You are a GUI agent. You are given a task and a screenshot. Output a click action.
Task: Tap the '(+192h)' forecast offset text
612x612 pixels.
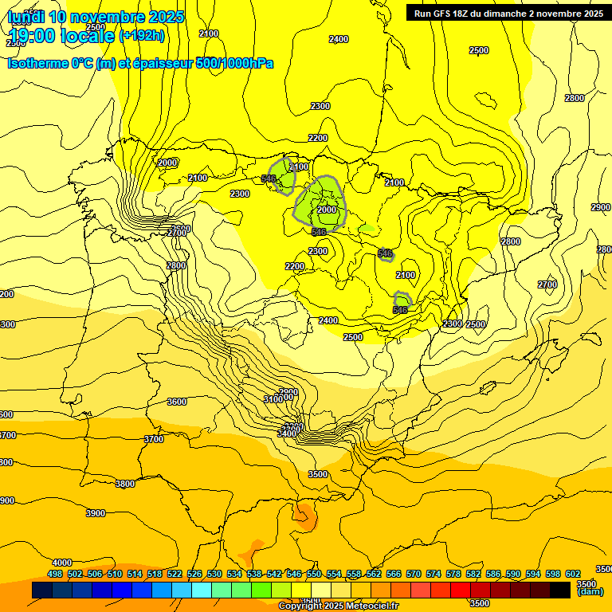click(142, 35)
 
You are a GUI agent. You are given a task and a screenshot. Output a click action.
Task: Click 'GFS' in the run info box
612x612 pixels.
click(448, 13)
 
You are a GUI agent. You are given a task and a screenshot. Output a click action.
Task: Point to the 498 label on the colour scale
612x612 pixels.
click(55, 574)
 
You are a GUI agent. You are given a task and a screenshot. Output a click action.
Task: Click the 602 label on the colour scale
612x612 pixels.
click(573, 574)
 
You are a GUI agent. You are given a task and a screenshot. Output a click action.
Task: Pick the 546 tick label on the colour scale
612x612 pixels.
click(294, 574)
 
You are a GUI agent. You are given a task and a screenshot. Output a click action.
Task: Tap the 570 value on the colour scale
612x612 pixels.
click(414, 574)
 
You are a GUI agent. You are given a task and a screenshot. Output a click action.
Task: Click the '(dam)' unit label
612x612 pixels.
click(590, 591)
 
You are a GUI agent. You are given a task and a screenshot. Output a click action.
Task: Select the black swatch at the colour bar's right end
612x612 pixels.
click(560, 590)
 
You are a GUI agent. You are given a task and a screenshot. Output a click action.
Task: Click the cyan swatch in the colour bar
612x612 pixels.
click(202, 590)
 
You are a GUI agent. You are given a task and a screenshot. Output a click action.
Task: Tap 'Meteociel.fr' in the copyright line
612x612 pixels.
click(367, 606)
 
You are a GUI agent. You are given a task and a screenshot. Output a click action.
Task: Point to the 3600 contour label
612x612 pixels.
click(177, 402)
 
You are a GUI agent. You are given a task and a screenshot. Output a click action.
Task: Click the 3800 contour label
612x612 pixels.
click(125, 484)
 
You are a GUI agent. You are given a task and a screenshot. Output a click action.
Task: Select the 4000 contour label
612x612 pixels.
click(61, 563)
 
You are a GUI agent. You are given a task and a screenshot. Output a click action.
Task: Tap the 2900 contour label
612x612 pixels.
click(600, 207)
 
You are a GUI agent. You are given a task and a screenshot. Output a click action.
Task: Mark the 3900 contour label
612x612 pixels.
click(95, 513)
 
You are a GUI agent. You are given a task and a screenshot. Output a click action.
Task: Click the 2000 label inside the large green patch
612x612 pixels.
click(327, 210)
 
